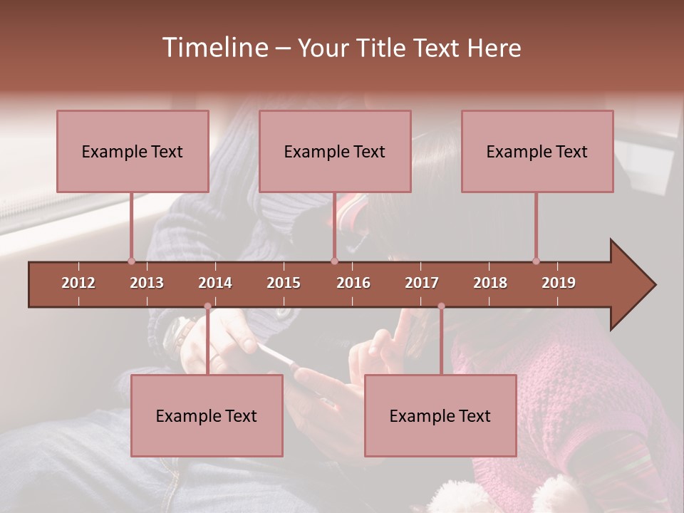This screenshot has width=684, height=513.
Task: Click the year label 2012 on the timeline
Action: pyautogui.click(x=78, y=283)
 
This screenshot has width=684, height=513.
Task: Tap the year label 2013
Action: pyautogui.click(x=147, y=283)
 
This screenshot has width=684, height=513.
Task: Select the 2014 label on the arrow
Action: pyautogui.click(x=215, y=283)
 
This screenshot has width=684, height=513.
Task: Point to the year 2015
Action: pyautogui.click(x=284, y=283)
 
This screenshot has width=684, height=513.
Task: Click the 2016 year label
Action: pyautogui.click(x=353, y=283)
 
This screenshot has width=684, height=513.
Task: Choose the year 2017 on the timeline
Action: pyautogui.click(x=422, y=283)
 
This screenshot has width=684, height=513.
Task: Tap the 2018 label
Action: pyautogui.click(x=490, y=283)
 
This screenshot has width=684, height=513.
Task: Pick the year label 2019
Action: pyautogui.click(x=559, y=283)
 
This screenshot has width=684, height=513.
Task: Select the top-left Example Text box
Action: pyautogui.click(x=133, y=151)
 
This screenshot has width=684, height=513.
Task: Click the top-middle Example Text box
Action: pyautogui.click(x=335, y=151)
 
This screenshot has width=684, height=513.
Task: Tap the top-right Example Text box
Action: pyautogui.click(x=537, y=151)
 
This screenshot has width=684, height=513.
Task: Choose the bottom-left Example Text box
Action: pyautogui.click(x=207, y=415)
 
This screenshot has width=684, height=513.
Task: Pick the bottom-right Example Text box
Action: pyautogui.click(x=440, y=415)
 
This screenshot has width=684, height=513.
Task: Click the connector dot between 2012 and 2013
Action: pyautogui.click(x=131, y=261)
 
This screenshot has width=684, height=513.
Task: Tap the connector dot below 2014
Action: pyautogui.click(x=208, y=306)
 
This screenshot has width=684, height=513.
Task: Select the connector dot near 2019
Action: pyautogui.click(x=536, y=261)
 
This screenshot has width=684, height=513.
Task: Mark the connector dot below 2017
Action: pyautogui.click(x=441, y=306)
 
